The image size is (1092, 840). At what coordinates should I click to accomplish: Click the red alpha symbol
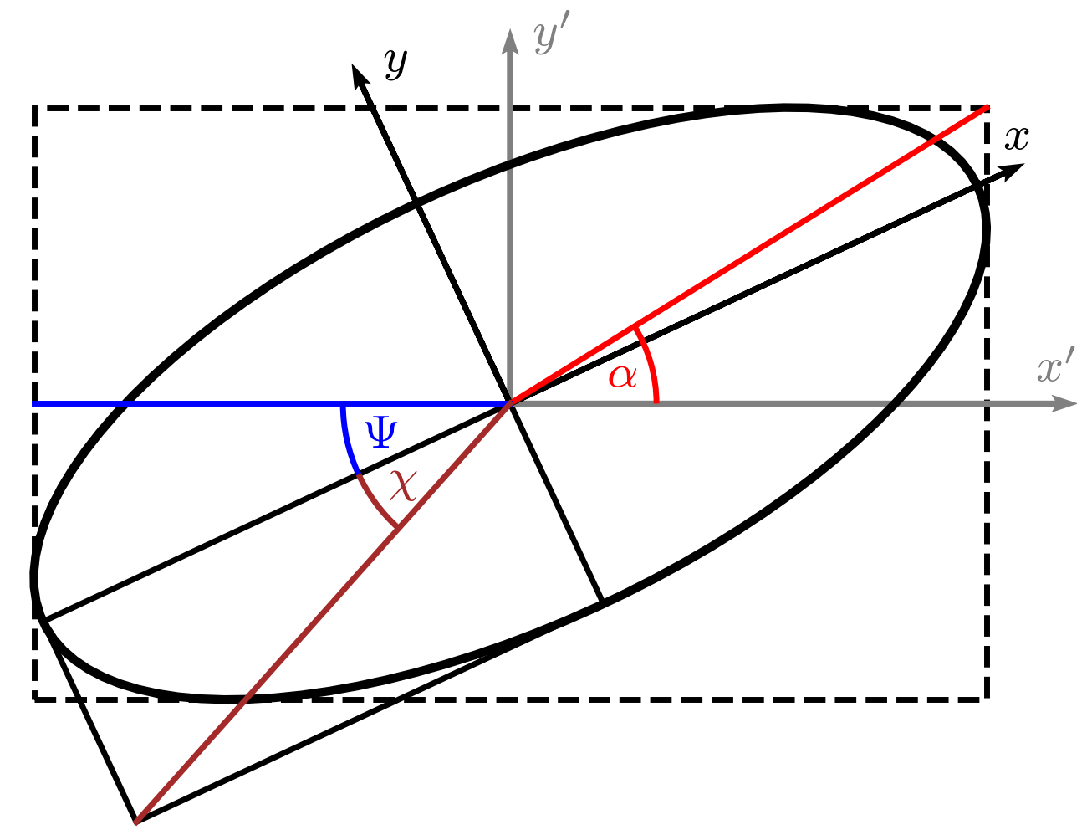pyautogui.click(x=623, y=376)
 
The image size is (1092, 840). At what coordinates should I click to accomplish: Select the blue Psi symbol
pyautogui.click(x=381, y=433)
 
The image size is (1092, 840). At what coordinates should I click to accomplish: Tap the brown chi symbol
pyautogui.click(x=402, y=485)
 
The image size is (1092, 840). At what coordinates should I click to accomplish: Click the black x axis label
pyautogui.click(x=1016, y=138)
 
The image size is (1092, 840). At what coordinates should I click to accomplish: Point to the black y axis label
pyautogui.click(x=395, y=63)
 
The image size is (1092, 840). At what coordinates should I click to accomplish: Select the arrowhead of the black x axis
pyautogui.click(x=1013, y=170)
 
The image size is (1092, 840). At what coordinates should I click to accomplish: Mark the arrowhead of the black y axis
pyautogui.click(x=360, y=76)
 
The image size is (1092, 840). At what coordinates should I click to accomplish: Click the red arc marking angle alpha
pyautogui.click(x=651, y=364)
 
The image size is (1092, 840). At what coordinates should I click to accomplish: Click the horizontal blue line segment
pyautogui.click(x=209, y=403)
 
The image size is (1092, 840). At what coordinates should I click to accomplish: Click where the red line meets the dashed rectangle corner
pyautogui.click(x=987, y=107)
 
